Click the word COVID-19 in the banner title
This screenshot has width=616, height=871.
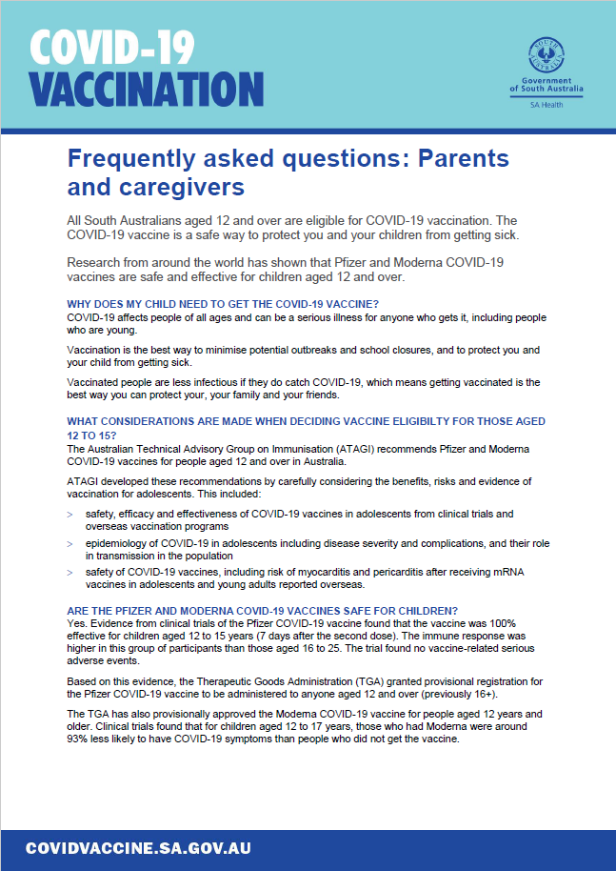pos(112,48)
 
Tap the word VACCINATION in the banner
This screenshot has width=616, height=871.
pos(146,90)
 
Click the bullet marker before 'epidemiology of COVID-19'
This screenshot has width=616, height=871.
pos(70,542)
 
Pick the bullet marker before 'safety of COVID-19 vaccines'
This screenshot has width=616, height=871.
pos(70,572)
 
